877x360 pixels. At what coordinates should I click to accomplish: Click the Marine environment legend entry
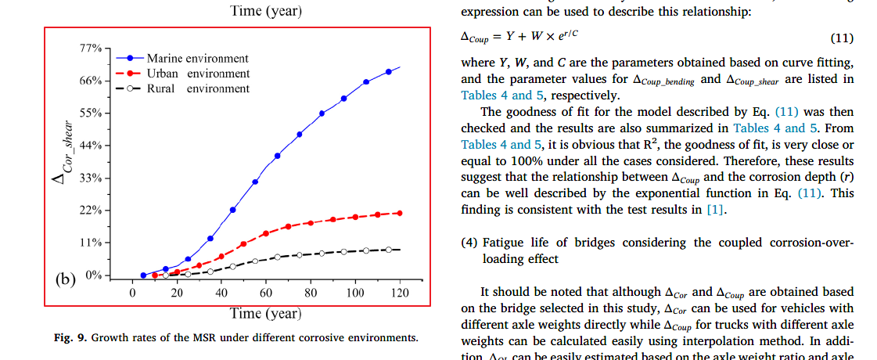pyautogui.click(x=197, y=59)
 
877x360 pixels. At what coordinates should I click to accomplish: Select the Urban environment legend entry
pyautogui.click(x=198, y=74)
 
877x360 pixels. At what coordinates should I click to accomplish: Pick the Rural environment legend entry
pyautogui.click(x=198, y=88)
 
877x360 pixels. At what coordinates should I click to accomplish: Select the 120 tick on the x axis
pyautogui.click(x=401, y=293)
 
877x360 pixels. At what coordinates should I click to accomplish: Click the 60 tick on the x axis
pyautogui.click(x=266, y=293)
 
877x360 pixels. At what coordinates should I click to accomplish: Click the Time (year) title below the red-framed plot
pyautogui.click(x=265, y=314)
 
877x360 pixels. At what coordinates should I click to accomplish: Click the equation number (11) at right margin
pyautogui.click(x=841, y=38)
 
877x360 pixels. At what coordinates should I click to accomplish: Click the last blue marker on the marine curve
pyautogui.click(x=389, y=72)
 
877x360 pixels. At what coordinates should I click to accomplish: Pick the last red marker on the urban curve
pyautogui.click(x=400, y=213)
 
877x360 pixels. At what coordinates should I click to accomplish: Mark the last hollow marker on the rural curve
pyautogui.click(x=389, y=250)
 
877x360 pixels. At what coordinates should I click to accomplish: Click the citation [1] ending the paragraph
pyautogui.click(x=714, y=209)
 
